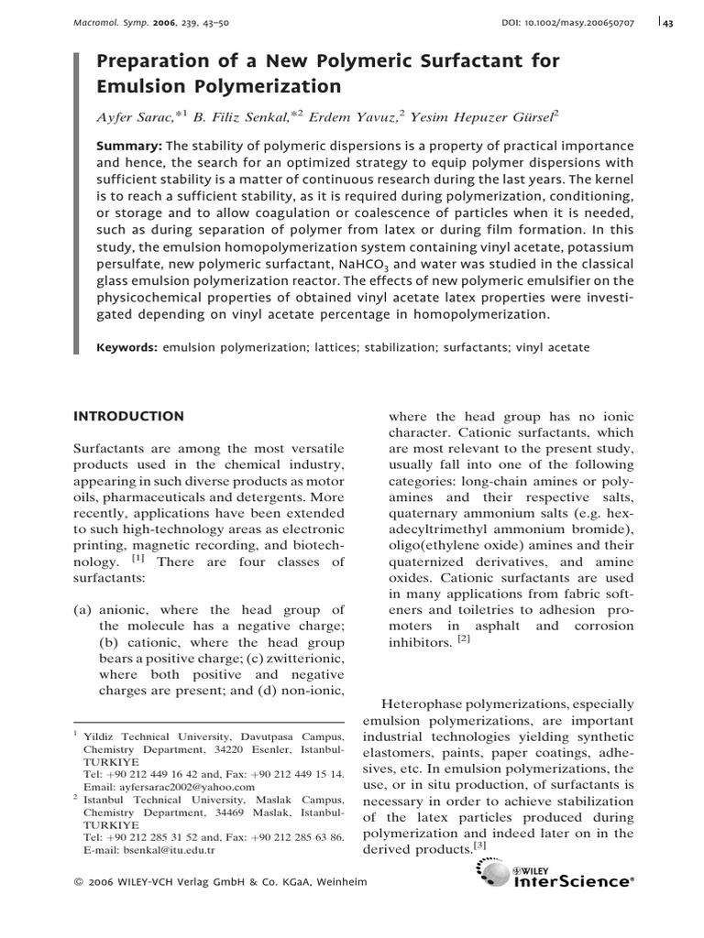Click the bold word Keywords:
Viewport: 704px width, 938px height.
(129, 348)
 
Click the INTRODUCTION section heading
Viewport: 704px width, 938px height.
(128, 416)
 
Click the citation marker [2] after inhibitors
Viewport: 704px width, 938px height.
(465, 640)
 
